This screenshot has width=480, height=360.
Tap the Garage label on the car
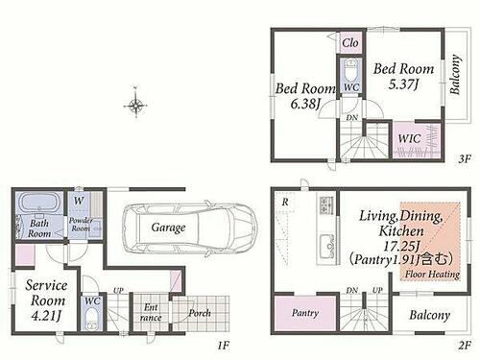point(168,228)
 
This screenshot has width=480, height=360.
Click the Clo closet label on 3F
point(350,43)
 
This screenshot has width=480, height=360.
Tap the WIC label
point(409,138)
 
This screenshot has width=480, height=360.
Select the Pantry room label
point(305,312)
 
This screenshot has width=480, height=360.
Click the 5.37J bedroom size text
point(403,84)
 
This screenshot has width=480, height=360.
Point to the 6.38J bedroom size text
point(305,104)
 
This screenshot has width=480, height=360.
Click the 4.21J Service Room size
point(46,316)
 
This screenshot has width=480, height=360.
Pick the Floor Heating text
point(432,275)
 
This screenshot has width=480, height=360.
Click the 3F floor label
point(465,158)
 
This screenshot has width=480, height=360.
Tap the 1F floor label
point(224,346)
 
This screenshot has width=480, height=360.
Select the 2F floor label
point(465,346)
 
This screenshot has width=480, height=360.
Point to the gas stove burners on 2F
point(326,205)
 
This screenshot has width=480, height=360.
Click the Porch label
point(200,313)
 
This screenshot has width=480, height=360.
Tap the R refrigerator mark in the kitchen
point(285,202)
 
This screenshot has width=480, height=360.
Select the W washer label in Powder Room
point(79,201)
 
